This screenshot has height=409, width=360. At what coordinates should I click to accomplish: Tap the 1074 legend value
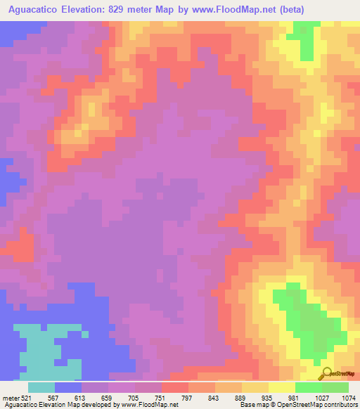[x=349, y=398]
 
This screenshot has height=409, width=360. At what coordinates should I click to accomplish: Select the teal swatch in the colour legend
[x=41, y=387]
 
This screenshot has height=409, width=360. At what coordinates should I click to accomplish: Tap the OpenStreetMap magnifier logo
[x=326, y=374]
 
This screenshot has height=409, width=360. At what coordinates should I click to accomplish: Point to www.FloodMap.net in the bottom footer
[x=148, y=405]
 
